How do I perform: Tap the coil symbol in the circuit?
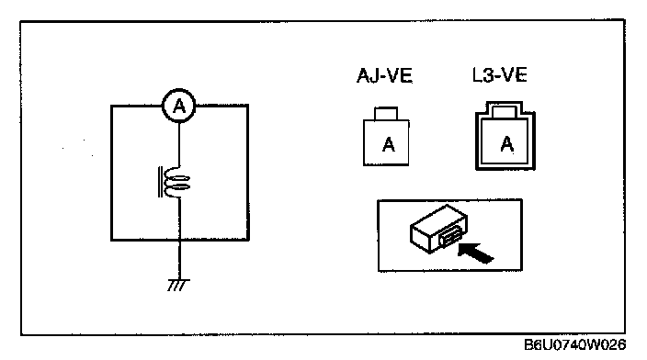[x=176, y=182]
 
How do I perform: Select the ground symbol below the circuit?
[x=178, y=285]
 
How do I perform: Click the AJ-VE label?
[x=384, y=76]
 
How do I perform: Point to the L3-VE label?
[x=500, y=75]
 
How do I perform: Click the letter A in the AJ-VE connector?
[x=388, y=145]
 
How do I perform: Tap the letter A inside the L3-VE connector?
[x=507, y=144]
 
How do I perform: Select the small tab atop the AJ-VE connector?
[x=386, y=113]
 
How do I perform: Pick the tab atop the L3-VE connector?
[x=505, y=111]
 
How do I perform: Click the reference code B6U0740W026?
[x=574, y=344]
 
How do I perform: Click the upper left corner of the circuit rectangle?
[x=111, y=106]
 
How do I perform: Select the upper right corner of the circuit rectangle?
[x=248, y=106]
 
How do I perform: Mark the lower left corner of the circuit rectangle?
[x=111, y=240]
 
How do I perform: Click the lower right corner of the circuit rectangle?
[x=248, y=239]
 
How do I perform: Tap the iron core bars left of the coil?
[x=160, y=182]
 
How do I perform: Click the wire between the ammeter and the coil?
[x=179, y=145]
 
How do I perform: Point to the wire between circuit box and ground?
[x=179, y=260]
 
